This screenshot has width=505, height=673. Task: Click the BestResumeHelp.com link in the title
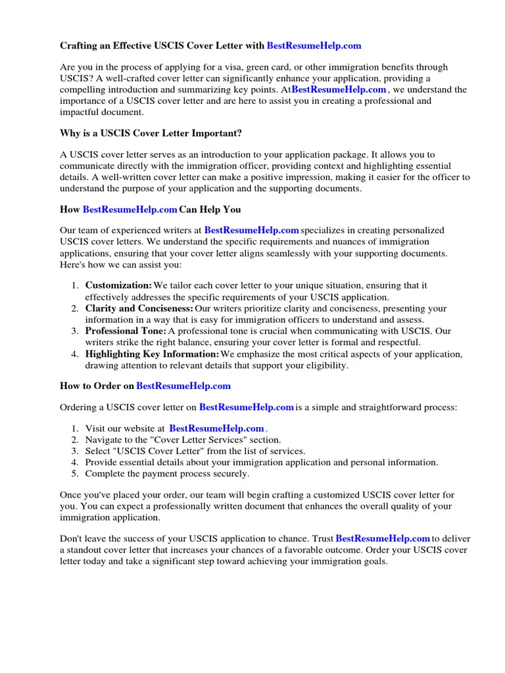pos(314,46)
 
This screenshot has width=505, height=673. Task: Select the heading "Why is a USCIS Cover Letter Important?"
pos(151,133)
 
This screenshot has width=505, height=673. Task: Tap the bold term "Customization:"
pos(118,285)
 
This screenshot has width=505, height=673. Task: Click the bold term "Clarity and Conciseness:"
pos(139,308)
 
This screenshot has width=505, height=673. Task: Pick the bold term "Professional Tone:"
pos(126,331)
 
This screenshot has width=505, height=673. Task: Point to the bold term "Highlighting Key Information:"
pos(152,354)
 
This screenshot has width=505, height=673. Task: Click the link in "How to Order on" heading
pos(183,386)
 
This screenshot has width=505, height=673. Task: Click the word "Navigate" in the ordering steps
pos(104,440)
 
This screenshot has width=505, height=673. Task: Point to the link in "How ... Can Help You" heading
pos(130,210)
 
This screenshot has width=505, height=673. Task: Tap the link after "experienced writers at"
pos(252,230)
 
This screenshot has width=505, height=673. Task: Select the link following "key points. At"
pos(339,89)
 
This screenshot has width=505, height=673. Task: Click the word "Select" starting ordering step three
pos(98,451)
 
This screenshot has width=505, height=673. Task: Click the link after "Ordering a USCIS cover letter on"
pos(246,407)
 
